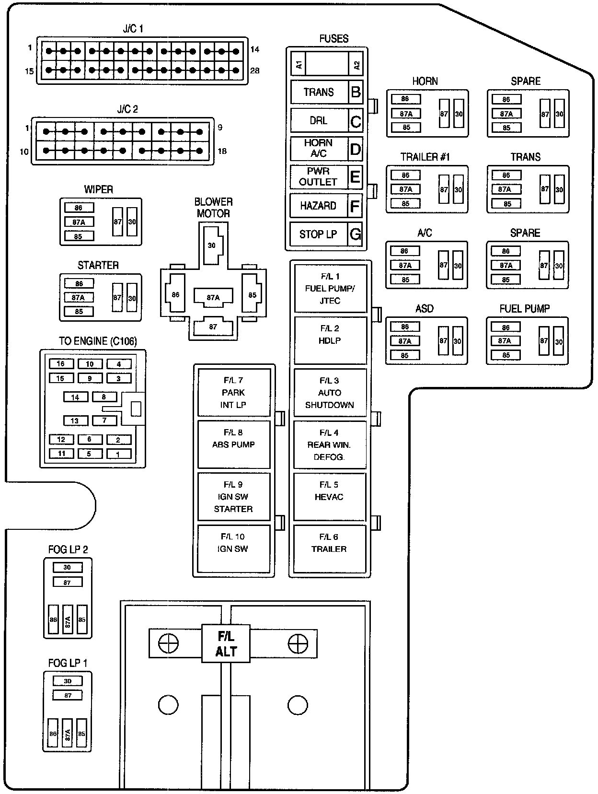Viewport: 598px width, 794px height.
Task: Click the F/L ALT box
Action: point(226,643)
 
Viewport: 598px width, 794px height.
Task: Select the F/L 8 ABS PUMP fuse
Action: point(233,444)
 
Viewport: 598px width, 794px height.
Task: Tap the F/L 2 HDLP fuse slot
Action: point(330,340)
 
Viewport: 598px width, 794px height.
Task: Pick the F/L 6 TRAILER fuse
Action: point(329,549)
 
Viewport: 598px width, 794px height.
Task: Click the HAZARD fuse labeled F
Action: point(318,206)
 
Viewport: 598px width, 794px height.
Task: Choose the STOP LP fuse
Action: point(318,234)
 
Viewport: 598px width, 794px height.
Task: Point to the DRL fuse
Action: point(318,120)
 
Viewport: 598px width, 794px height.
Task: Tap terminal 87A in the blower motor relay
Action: point(213,297)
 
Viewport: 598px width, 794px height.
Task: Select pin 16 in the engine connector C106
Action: point(61,364)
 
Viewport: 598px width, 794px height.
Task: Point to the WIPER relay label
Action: point(99,189)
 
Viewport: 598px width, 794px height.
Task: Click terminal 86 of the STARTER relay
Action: point(79,283)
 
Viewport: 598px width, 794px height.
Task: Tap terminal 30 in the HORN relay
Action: point(459,114)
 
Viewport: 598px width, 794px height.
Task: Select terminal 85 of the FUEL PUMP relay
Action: point(506,355)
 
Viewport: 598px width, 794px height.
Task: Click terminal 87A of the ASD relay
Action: point(405,341)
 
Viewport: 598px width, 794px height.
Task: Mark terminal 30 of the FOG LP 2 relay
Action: point(67,567)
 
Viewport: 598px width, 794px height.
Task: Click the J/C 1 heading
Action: point(133,29)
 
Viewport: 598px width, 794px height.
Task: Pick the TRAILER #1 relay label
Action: point(425,157)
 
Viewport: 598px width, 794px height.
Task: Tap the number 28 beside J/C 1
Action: point(255,70)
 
